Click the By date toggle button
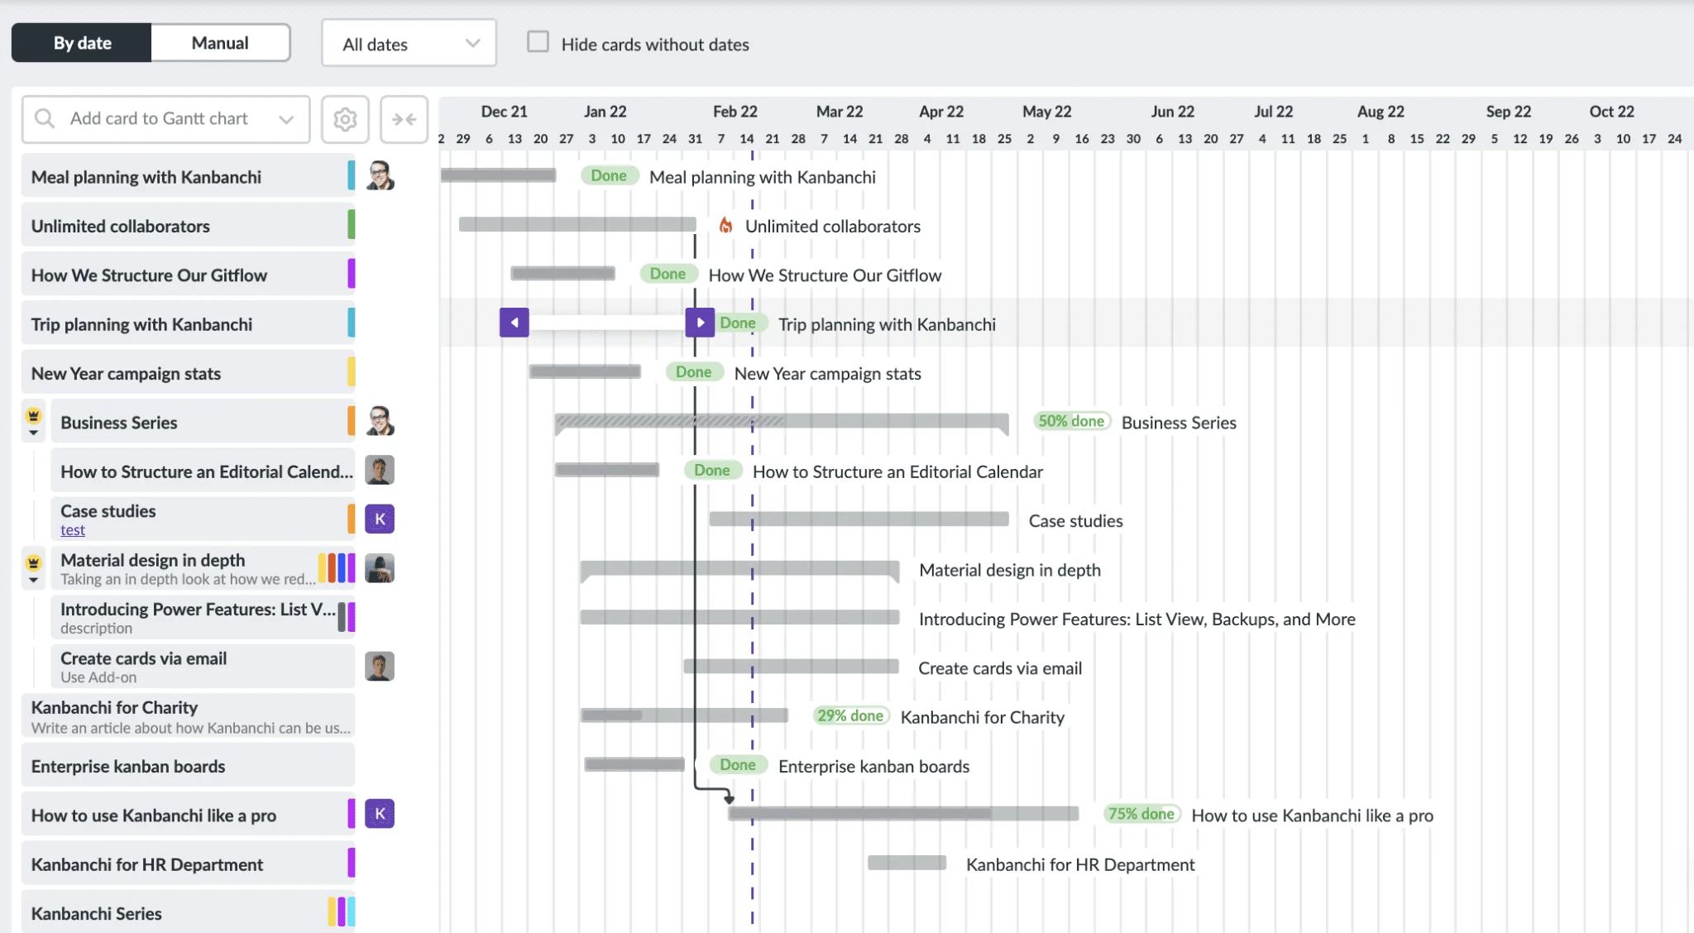(x=82, y=43)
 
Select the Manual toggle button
(x=220, y=43)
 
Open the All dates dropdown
(x=409, y=44)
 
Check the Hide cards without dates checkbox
(x=538, y=42)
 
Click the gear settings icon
(x=345, y=119)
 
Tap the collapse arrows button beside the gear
(x=404, y=119)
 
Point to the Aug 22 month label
(x=1381, y=112)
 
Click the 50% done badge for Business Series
(x=1071, y=421)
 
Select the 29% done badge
(x=850, y=716)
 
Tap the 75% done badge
(x=1141, y=814)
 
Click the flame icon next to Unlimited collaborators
(x=725, y=225)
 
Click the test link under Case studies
(x=73, y=530)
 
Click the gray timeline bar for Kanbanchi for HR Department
(x=907, y=863)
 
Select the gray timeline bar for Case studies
(x=859, y=519)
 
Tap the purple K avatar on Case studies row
(x=380, y=519)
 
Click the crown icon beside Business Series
(x=34, y=415)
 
